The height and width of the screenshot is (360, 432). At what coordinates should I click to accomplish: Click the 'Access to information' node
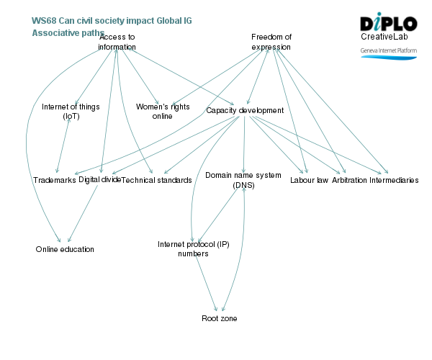tap(117, 42)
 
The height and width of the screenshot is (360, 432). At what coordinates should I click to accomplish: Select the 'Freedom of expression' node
tap(271, 42)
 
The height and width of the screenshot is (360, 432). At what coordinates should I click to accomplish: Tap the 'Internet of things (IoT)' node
tap(71, 111)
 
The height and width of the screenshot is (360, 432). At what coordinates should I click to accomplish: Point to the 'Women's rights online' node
tap(163, 111)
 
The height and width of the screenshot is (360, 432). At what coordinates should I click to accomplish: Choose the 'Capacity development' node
tap(245, 110)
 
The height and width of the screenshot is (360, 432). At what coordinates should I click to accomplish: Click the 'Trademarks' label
tap(55, 180)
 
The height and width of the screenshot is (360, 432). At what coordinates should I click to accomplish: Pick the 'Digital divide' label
tap(100, 179)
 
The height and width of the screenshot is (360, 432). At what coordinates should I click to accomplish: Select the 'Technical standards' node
tap(156, 180)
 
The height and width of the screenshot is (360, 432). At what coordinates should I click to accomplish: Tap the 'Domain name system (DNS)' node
tap(244, 180)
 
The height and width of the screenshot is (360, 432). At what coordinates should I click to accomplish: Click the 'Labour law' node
tap(309, 180)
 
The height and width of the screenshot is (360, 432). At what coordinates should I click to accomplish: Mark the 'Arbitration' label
tap(349, 180)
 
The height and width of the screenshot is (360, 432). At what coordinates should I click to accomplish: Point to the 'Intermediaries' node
tap(394, 180)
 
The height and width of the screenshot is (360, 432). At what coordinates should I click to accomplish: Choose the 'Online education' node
tap(65, 249)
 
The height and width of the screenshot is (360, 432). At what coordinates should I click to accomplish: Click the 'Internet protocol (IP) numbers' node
tap(193, 249)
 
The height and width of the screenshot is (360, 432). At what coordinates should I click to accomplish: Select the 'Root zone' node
tap(219, 318)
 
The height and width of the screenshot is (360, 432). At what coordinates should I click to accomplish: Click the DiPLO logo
tap(388, 22)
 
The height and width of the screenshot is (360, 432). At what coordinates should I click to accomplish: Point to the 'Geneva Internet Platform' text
tap(389, 51)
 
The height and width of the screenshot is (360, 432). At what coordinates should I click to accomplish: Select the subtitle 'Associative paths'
tap(68, 32)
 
